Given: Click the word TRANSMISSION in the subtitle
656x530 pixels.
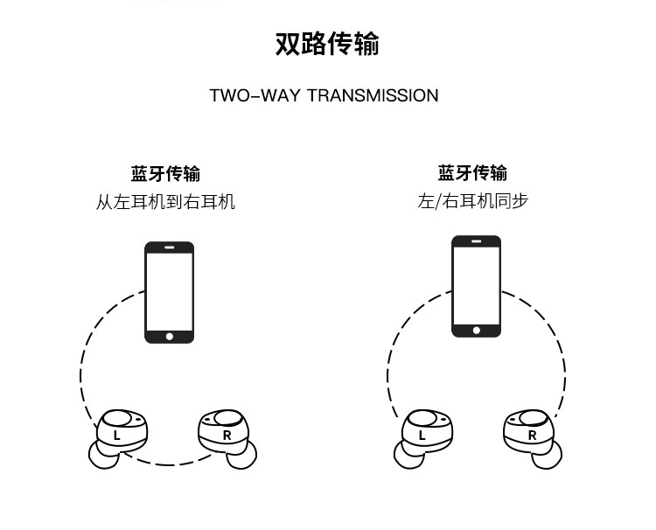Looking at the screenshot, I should coord(372,95).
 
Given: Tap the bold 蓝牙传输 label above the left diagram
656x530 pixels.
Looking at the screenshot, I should coord(165,173).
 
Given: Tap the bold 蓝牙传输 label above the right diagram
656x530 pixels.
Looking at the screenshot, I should coord(472,173).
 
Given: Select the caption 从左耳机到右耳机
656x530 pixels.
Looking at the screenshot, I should coord(165,202).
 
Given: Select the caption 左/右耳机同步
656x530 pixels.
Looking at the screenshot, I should coord(472,202).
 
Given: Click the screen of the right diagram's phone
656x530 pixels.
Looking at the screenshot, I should coord(476,284).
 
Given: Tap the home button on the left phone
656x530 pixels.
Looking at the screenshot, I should coord(169,336).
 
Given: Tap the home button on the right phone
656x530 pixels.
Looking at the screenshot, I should coord(476,330).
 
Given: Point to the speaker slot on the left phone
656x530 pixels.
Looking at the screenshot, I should coord(169,248).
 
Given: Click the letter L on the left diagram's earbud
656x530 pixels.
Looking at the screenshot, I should coord(117,435).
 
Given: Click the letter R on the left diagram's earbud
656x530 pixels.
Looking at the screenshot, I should coord(227,435).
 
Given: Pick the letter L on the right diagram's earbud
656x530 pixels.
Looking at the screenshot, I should coord(422,435).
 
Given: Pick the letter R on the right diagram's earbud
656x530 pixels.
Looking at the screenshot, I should coord(532,435).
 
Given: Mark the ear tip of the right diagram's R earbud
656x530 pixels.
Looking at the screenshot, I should coord(552,455).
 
